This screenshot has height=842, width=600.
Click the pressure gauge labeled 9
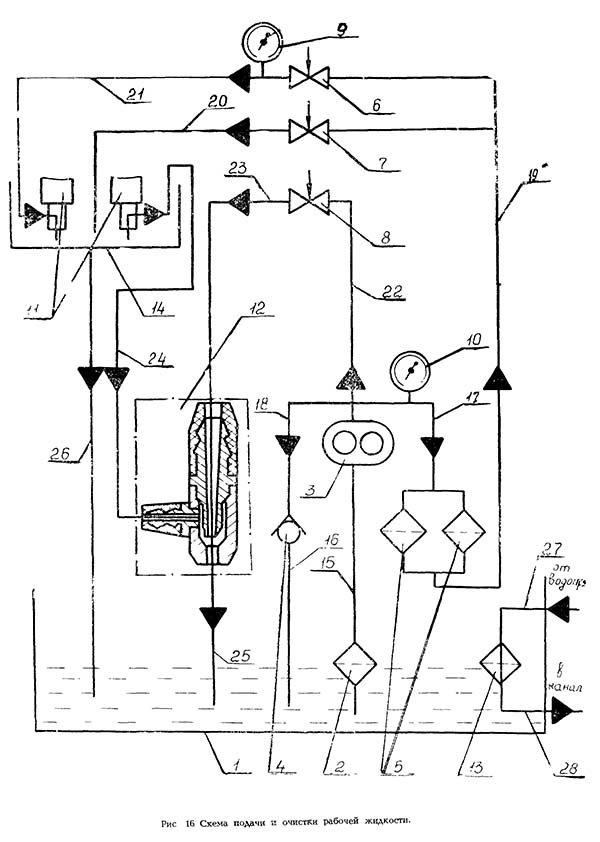pos(262,42)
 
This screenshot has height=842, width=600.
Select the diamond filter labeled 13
pos(498,662)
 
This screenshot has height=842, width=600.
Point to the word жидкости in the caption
pos(384,823)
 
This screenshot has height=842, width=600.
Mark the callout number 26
pos(60,456)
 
